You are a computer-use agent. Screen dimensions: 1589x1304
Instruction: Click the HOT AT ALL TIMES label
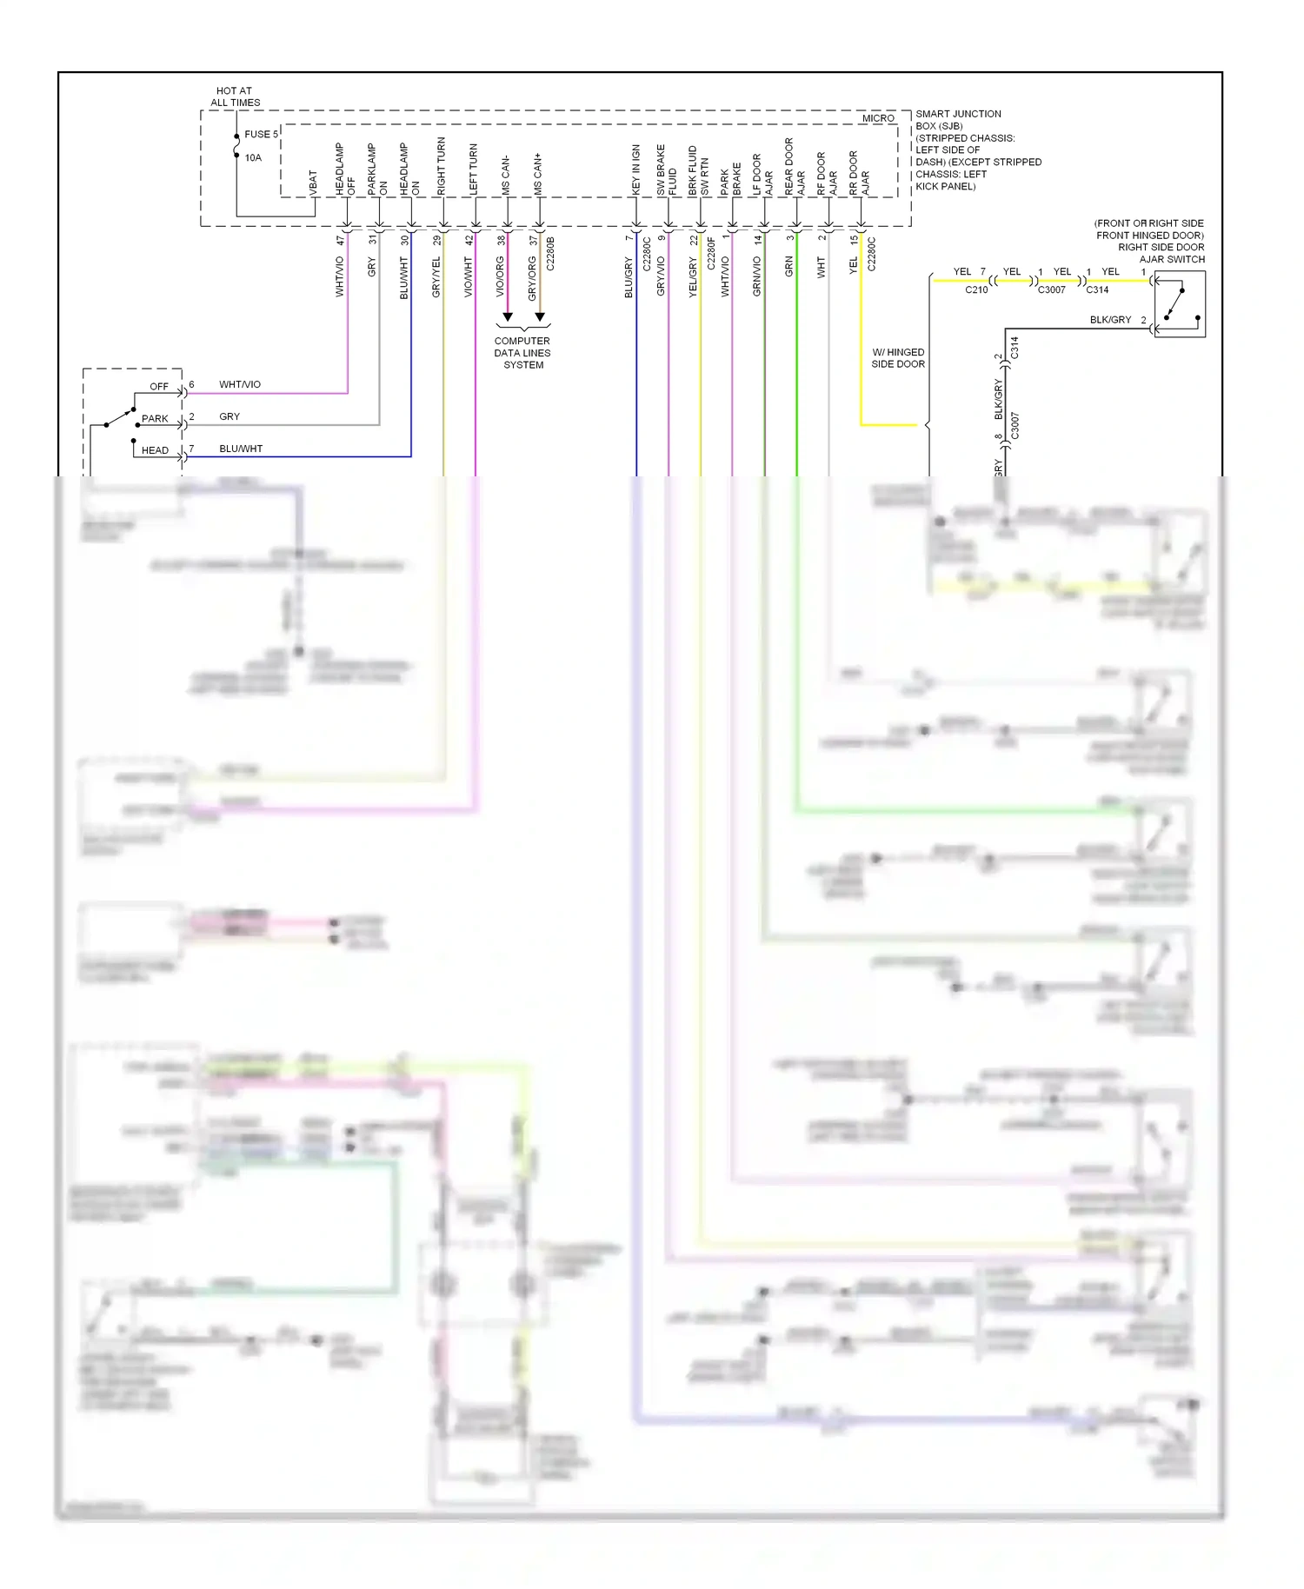(x=235, y=96)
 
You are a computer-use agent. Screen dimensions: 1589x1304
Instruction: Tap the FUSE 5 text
(x=261, y=135)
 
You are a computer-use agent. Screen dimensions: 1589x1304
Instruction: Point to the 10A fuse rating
(x=253, y=158)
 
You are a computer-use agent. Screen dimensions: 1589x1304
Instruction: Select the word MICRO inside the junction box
(x=878, y=118)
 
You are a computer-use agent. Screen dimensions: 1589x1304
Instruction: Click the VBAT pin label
(x=313, y=182)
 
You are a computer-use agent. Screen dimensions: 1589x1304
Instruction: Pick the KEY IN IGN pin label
(x=635, y=170)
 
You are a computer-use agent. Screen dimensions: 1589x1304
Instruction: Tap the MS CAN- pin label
(x=506, y=175)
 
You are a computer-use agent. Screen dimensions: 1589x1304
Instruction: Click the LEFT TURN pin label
(x=474, y=170)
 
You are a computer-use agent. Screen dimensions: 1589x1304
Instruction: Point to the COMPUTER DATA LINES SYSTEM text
(x=522, y=353)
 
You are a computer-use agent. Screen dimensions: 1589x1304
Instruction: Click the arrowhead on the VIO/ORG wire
(x=508, y=316)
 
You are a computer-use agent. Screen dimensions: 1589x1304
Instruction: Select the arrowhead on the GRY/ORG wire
(x=540, y=316)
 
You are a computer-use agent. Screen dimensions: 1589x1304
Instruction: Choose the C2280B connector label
(x=550, y=253)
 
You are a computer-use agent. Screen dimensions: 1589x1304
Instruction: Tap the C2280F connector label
(x=711, y=253)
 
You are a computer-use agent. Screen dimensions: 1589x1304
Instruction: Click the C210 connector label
(x=976, y=290)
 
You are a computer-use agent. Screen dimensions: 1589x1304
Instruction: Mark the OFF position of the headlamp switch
(x=159, y=387)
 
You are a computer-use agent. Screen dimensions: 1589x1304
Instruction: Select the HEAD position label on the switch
(x=155, y=450)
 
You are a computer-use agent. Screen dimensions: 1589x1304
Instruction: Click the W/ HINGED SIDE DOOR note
(x=898, y=358)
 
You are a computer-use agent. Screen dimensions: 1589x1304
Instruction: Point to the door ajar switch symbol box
(x=1180, y=304)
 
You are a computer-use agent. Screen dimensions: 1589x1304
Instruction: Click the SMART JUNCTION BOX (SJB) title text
(x=958, y=120)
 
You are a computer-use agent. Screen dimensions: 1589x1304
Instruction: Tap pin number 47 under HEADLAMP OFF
(x=340, y=241)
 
